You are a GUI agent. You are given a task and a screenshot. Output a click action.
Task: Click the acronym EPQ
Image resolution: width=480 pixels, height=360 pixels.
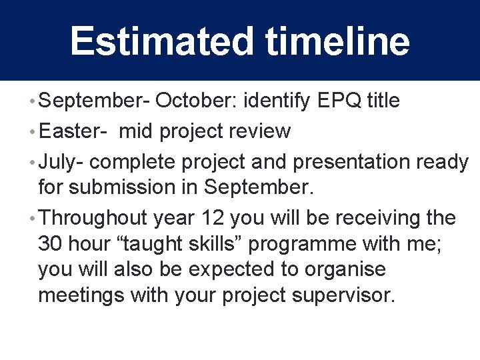click(341, 101)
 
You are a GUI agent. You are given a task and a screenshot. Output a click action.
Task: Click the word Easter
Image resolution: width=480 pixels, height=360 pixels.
click(69, 131)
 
